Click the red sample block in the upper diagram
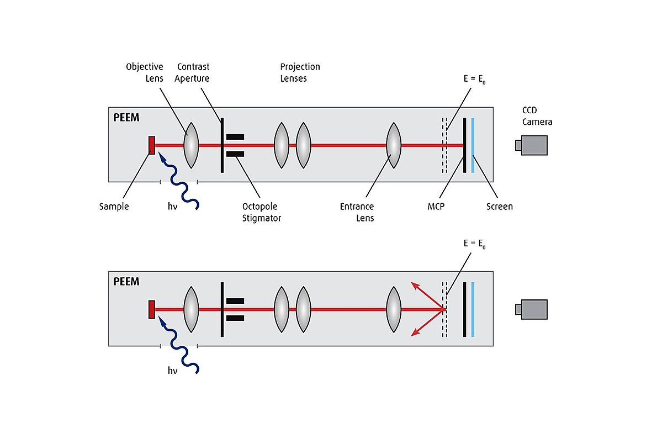click(151, 145)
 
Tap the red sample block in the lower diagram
click(151, 309)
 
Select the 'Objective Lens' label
click(144, 72)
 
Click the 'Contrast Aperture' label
click(192, 72)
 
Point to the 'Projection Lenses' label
click(300, 72)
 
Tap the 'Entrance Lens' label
click(357, 212)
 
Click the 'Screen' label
click(499, 207)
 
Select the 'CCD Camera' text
click(537, 116)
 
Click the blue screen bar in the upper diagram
click(473, 145)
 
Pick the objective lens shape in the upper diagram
click(190, 145)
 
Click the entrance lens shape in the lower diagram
click(393, 309)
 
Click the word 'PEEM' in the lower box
click(126, 282)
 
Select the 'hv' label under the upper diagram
click(172, 207)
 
